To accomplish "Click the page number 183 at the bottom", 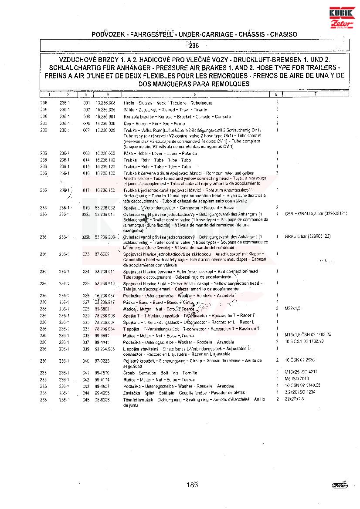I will pos(192,484).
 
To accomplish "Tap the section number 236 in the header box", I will pos(194,45).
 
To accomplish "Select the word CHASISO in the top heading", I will pos(284,34).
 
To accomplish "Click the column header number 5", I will pos(195,94).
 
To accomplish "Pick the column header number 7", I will pos(315,94).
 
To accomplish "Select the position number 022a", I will pos(86,214).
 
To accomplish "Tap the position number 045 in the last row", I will pos(86,399).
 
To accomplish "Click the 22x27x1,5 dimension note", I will pos(294,399).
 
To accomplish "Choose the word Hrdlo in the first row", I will pos(129,103).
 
